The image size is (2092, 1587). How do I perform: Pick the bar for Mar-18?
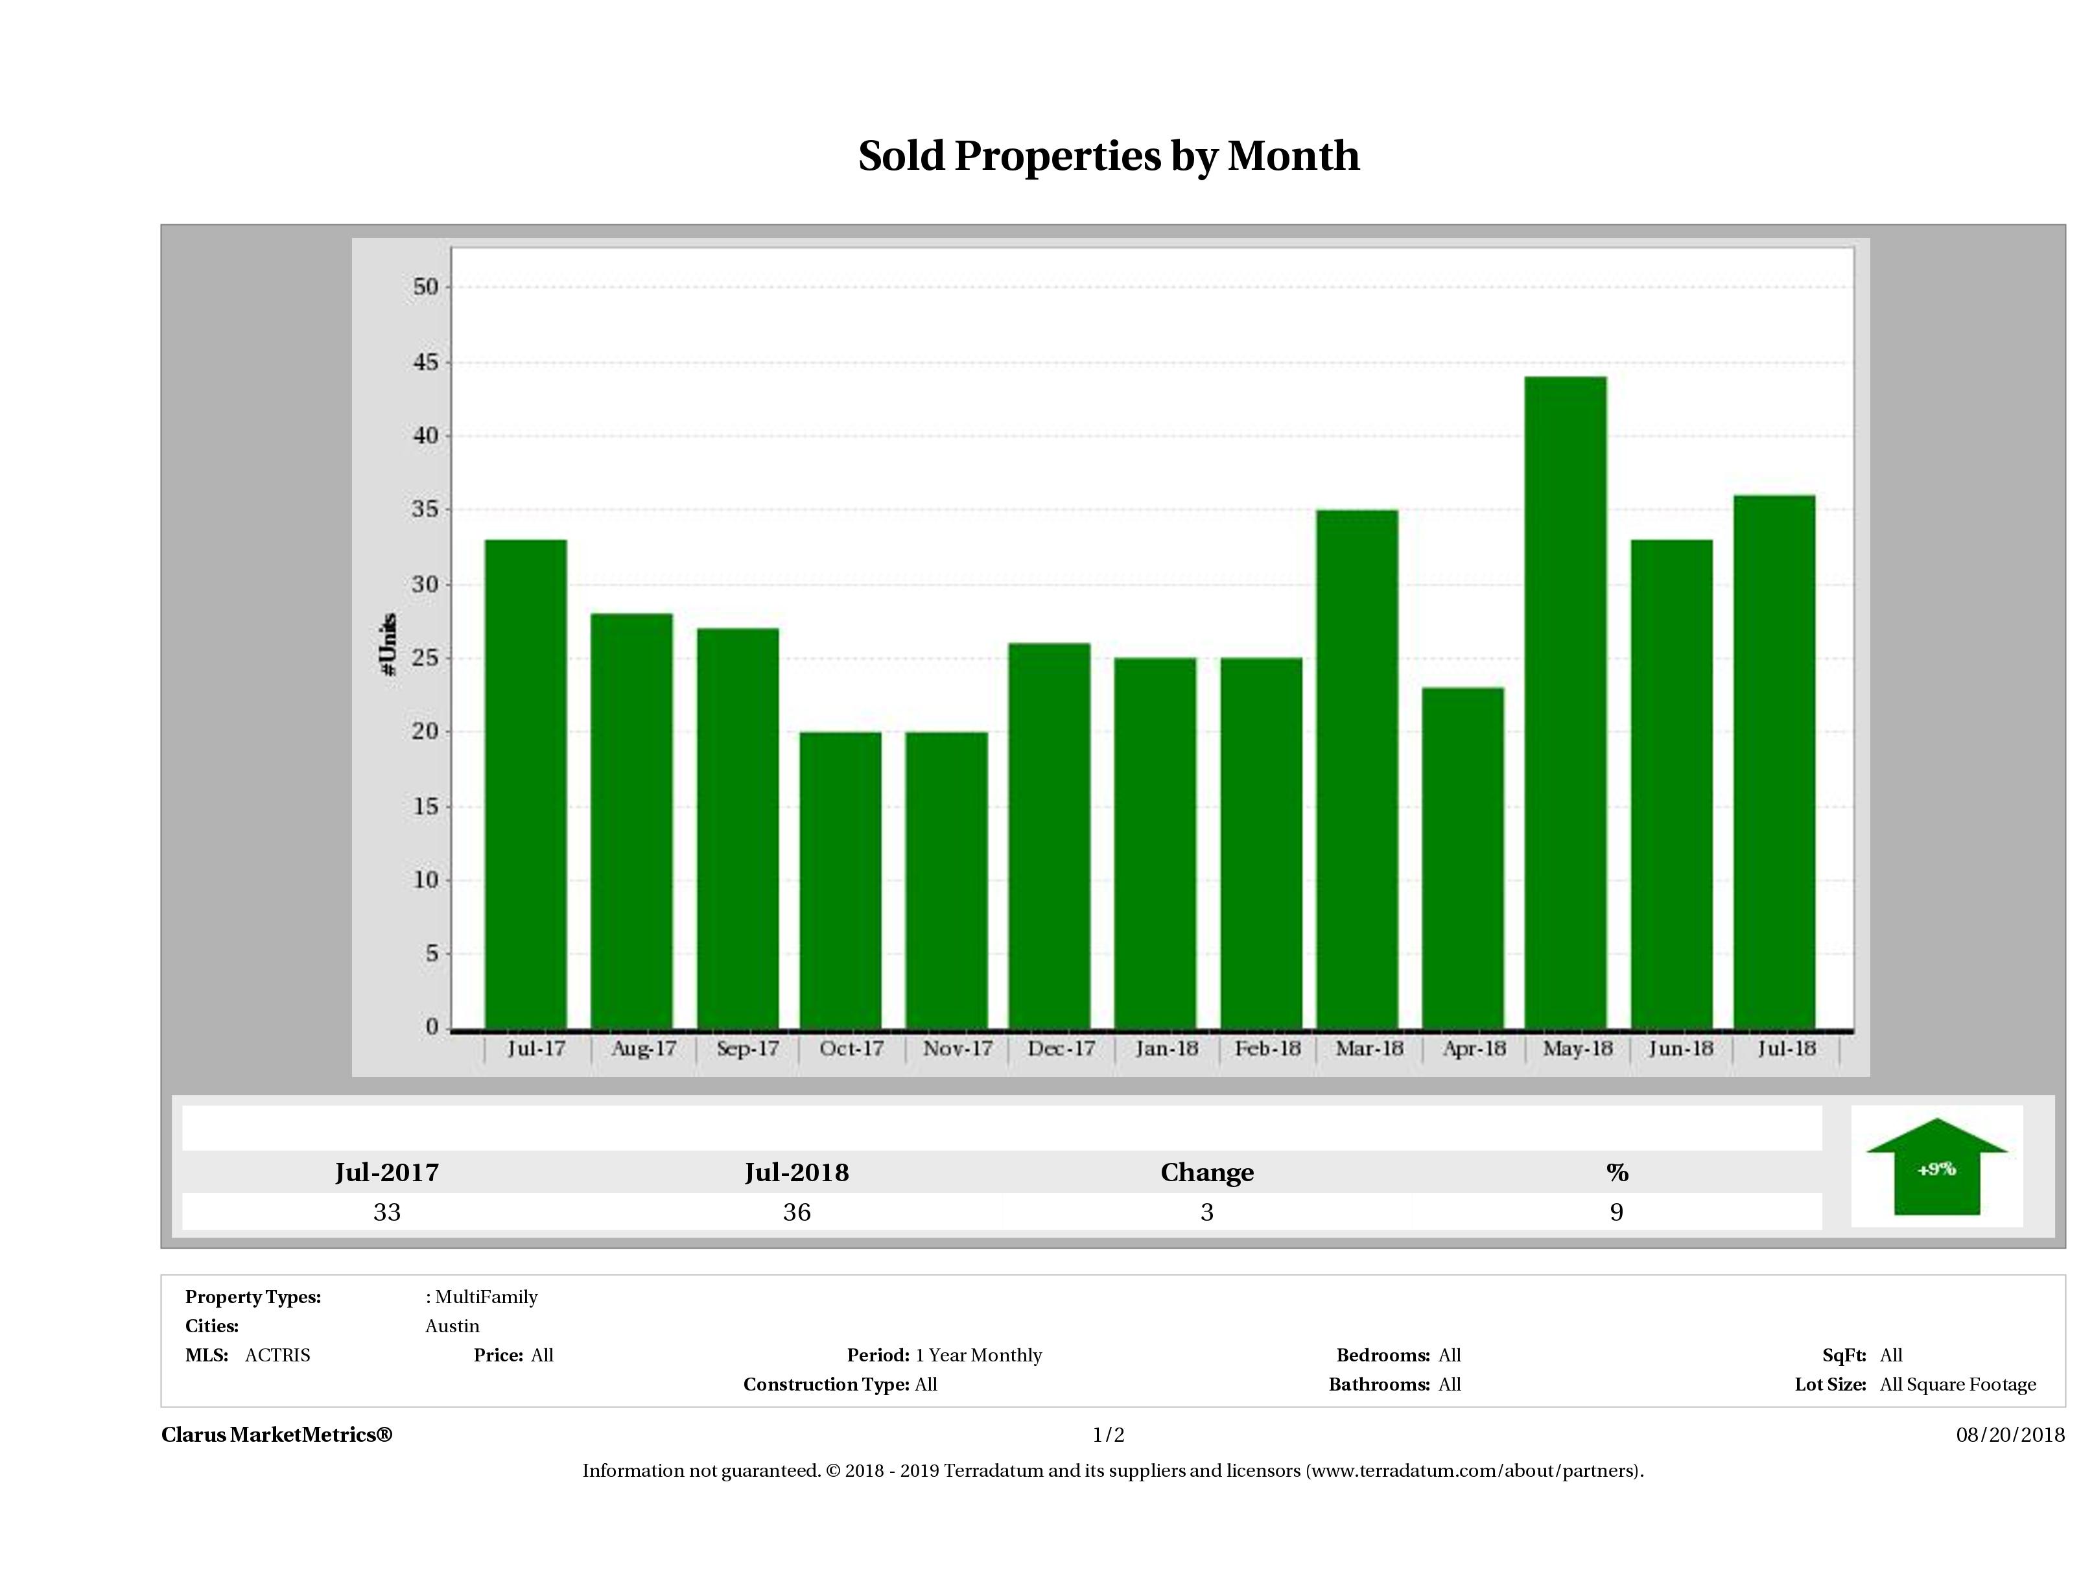pyautogui.click(x=1356, y=768)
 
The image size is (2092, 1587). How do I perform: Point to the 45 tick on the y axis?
pyautogui.click(x=427, y=362)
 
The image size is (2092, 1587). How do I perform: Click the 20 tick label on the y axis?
pyautogui.click(x=427, y=732)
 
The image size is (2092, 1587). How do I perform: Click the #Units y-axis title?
pyautogui.click(x=388, y=643)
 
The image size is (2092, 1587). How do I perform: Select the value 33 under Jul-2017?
pyautogui.click(x=387, y=1212)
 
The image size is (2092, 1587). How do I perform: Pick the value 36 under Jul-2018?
pyautogui.click(x=796, y=1212)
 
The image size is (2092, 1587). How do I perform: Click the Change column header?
pyautogui.click(x=1207, y=1173)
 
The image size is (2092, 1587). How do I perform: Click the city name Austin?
pyautogui.click(x=452, y=1326)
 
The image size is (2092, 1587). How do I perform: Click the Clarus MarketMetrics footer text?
pyautogui.click(x=276, y=1435)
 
